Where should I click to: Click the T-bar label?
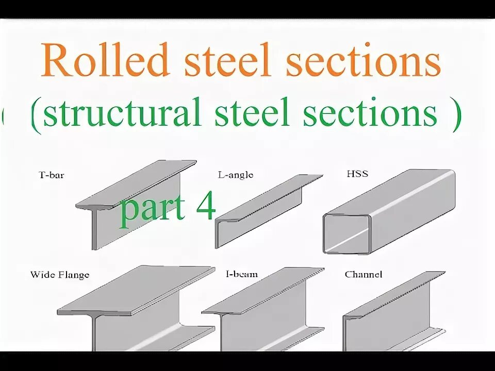tap(52, 175)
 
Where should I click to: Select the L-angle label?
tap(235, 175)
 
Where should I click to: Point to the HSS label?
tap(357, 174)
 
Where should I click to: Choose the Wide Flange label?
tap(60, 275)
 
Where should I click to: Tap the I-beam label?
tap(242, 274)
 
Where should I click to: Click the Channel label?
tap(364, 275)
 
